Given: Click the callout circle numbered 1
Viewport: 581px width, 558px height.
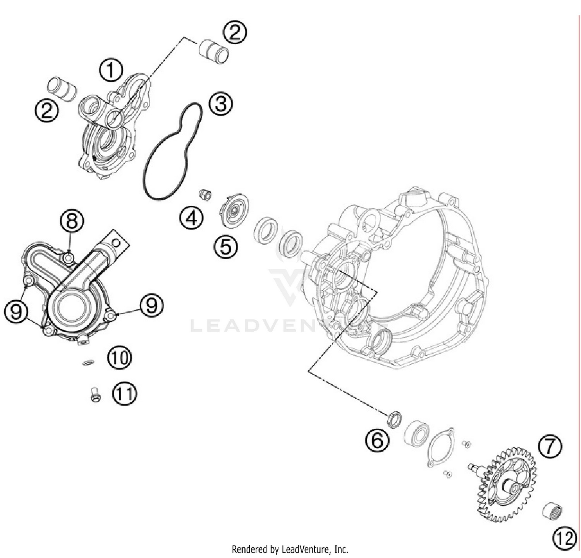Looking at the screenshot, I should (111, 70).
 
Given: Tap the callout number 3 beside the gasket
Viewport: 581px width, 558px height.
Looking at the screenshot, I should (221, 104).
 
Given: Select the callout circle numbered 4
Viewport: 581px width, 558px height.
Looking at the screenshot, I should (191, 218).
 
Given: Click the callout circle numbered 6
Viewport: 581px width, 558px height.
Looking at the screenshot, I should (377, 440).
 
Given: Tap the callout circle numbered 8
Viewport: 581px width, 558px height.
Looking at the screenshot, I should (72, 222).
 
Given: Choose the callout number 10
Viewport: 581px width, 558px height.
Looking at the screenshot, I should (120, 358).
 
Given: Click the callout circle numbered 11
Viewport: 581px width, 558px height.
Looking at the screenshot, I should (125, 394).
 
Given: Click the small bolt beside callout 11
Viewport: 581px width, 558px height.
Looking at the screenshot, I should (95, 394).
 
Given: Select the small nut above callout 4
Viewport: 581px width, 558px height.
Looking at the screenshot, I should (205, 194).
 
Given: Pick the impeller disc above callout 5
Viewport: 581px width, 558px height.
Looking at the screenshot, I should (234, 211).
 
